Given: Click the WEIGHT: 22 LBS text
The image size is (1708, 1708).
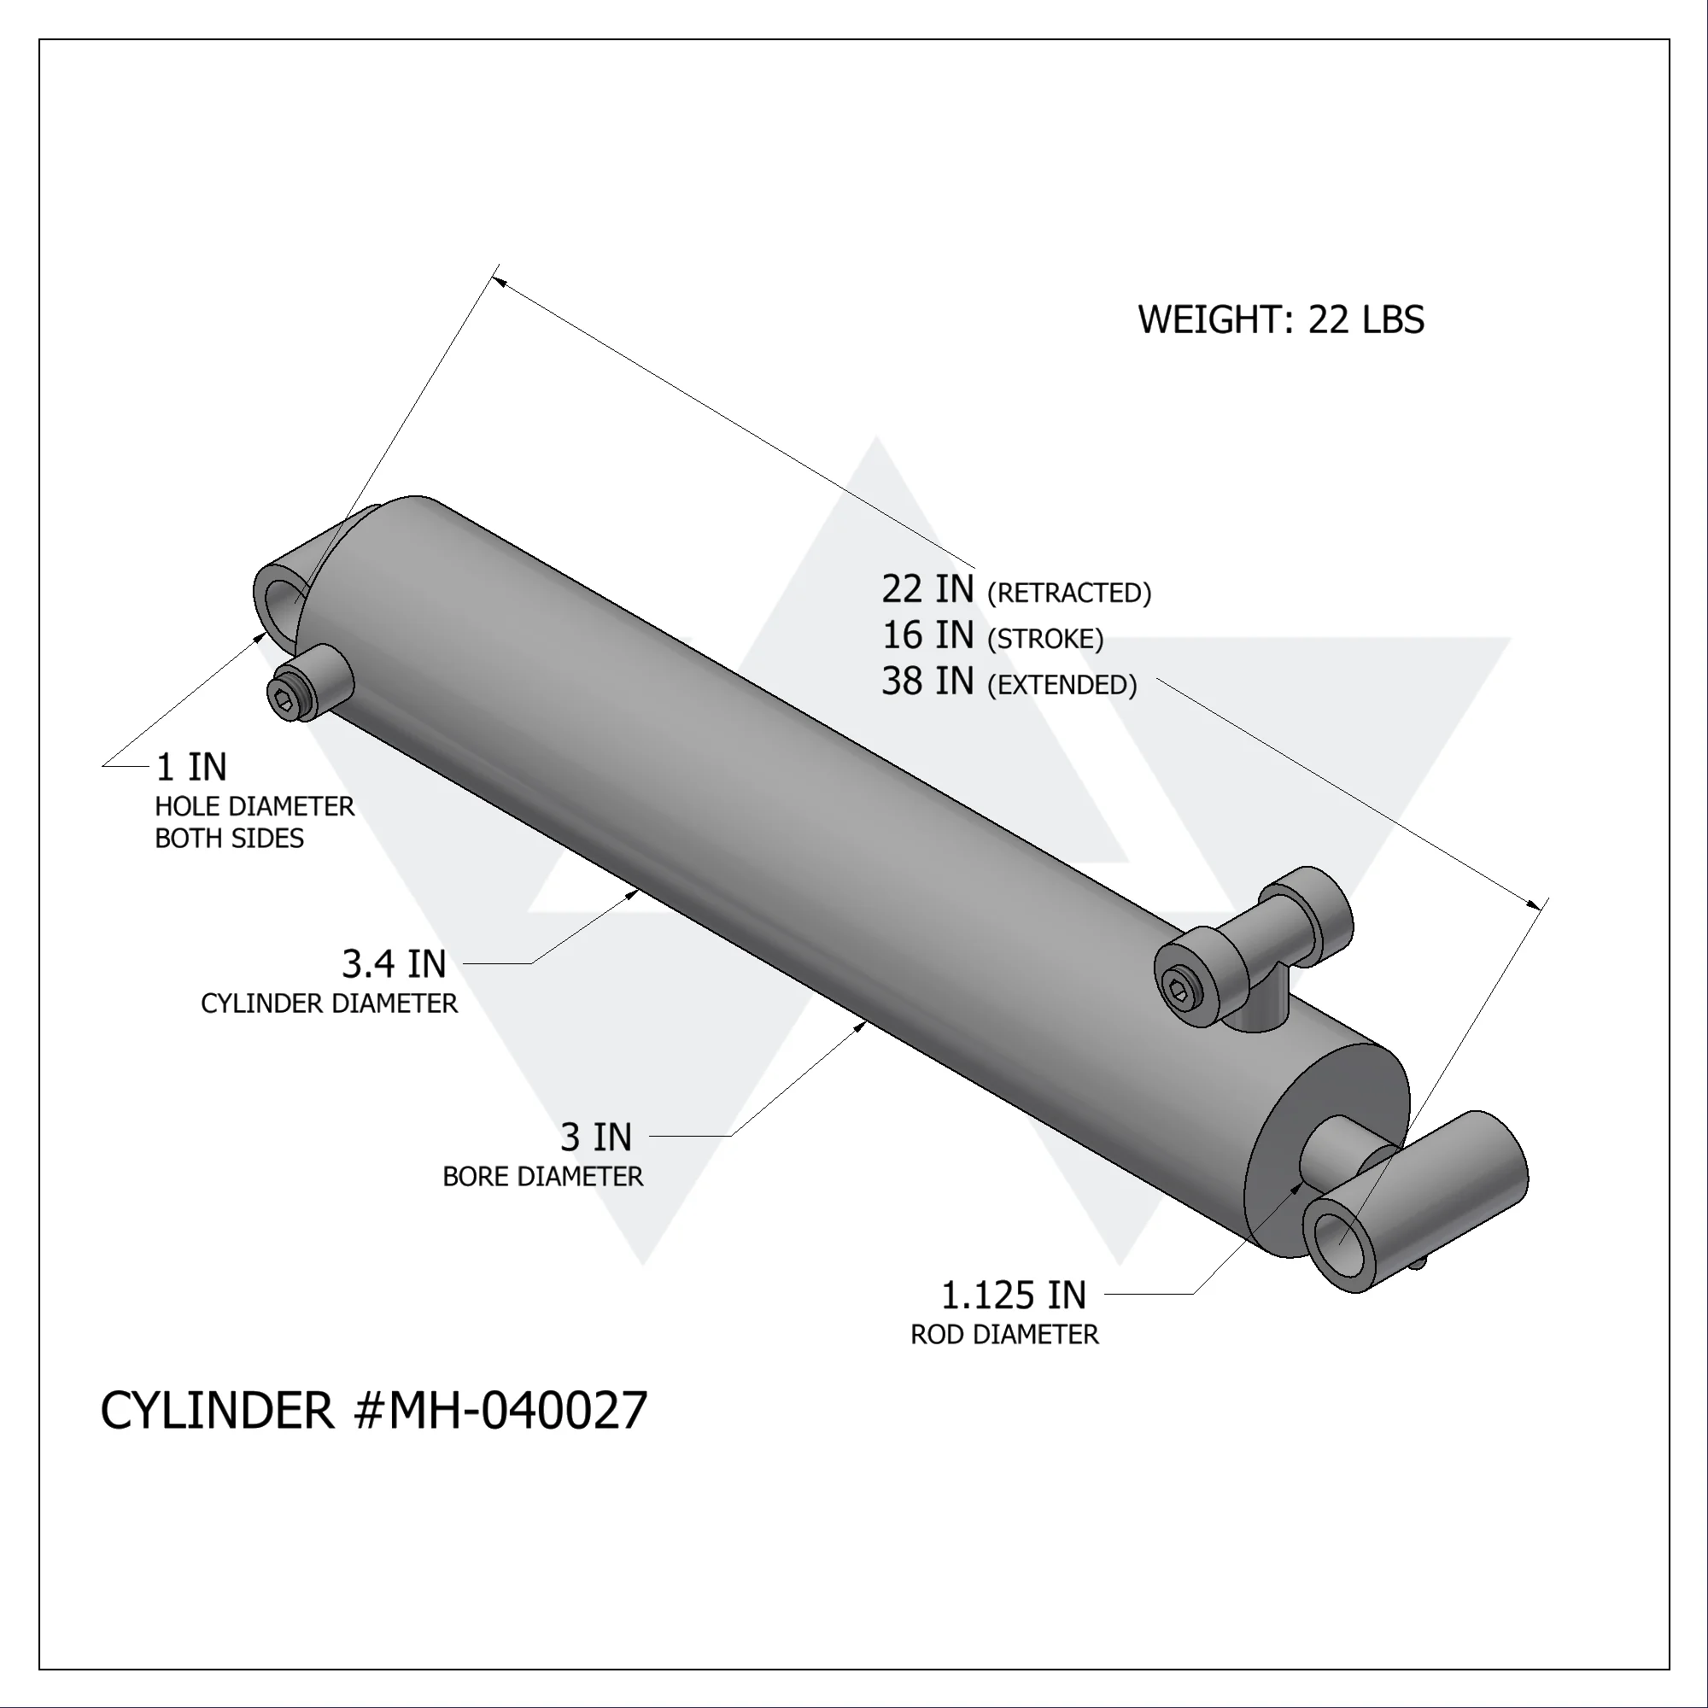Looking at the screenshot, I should pyautogui.click(x=1280, y=320).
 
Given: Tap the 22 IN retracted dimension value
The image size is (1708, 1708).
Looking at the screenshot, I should pyautogui.click(x=927, y=589).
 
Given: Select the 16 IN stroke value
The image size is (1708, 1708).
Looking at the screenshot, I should pyautogui.click(x=927, y=635).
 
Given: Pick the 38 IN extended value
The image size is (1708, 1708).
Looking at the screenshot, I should pyautogui.click(x=927, y=681).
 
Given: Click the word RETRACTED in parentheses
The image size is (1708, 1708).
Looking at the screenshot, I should pyautogui.click(x=1069, y=594).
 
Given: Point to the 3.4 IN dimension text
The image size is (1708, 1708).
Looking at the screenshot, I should pyautogui.click(x=394, y=964).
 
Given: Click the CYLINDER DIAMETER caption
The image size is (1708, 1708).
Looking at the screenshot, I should pyautogui.click(x=329, y=1004).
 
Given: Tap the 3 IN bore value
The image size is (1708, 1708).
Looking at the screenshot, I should pyautogui.click(x=596, y=1138).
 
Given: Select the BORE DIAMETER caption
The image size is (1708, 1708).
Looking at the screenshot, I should pyautogui.click(x=543, y=1178).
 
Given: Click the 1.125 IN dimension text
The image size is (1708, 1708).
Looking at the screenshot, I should pyautogui.click(x=1013, y=1296).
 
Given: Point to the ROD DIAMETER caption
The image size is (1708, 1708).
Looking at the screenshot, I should pyautogui.click(x=1004, y=1335).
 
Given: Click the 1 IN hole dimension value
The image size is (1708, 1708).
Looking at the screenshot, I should pyautogui.click(x=191, y=768).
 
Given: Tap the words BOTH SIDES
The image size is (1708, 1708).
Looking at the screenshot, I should pyautogui.click(x=229, y=839).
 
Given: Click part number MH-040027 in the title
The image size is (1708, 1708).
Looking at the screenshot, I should pyautogui.click(x=518, y=1411).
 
